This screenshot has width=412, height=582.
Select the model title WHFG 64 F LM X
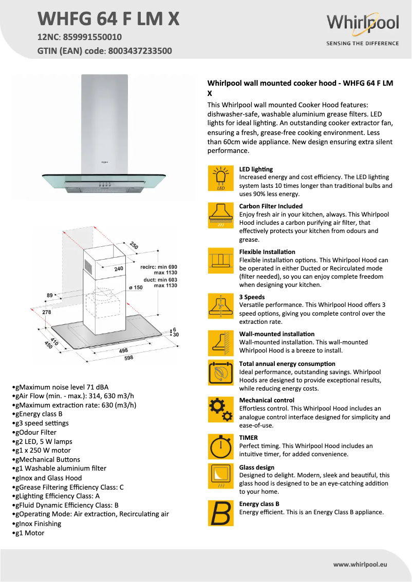pos(109,18)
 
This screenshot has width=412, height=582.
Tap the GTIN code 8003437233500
pos(140,51)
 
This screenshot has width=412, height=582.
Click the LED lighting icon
pos(221,178)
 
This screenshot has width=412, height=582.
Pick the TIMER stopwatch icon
pos(221,447)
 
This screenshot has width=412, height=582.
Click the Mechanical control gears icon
pos(221,410)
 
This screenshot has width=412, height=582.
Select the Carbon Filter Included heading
pos(271,206)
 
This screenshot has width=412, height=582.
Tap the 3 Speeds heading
pos(252,297)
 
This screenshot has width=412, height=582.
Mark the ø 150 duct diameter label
pos(135,287)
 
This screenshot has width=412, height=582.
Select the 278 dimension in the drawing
pos(47,312)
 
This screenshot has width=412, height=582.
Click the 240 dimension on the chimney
pos(119,268)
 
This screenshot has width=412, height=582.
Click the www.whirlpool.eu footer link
pos(360,564)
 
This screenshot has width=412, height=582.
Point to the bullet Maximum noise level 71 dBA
pos(62,387)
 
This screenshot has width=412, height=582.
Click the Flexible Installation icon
pos(221,261)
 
